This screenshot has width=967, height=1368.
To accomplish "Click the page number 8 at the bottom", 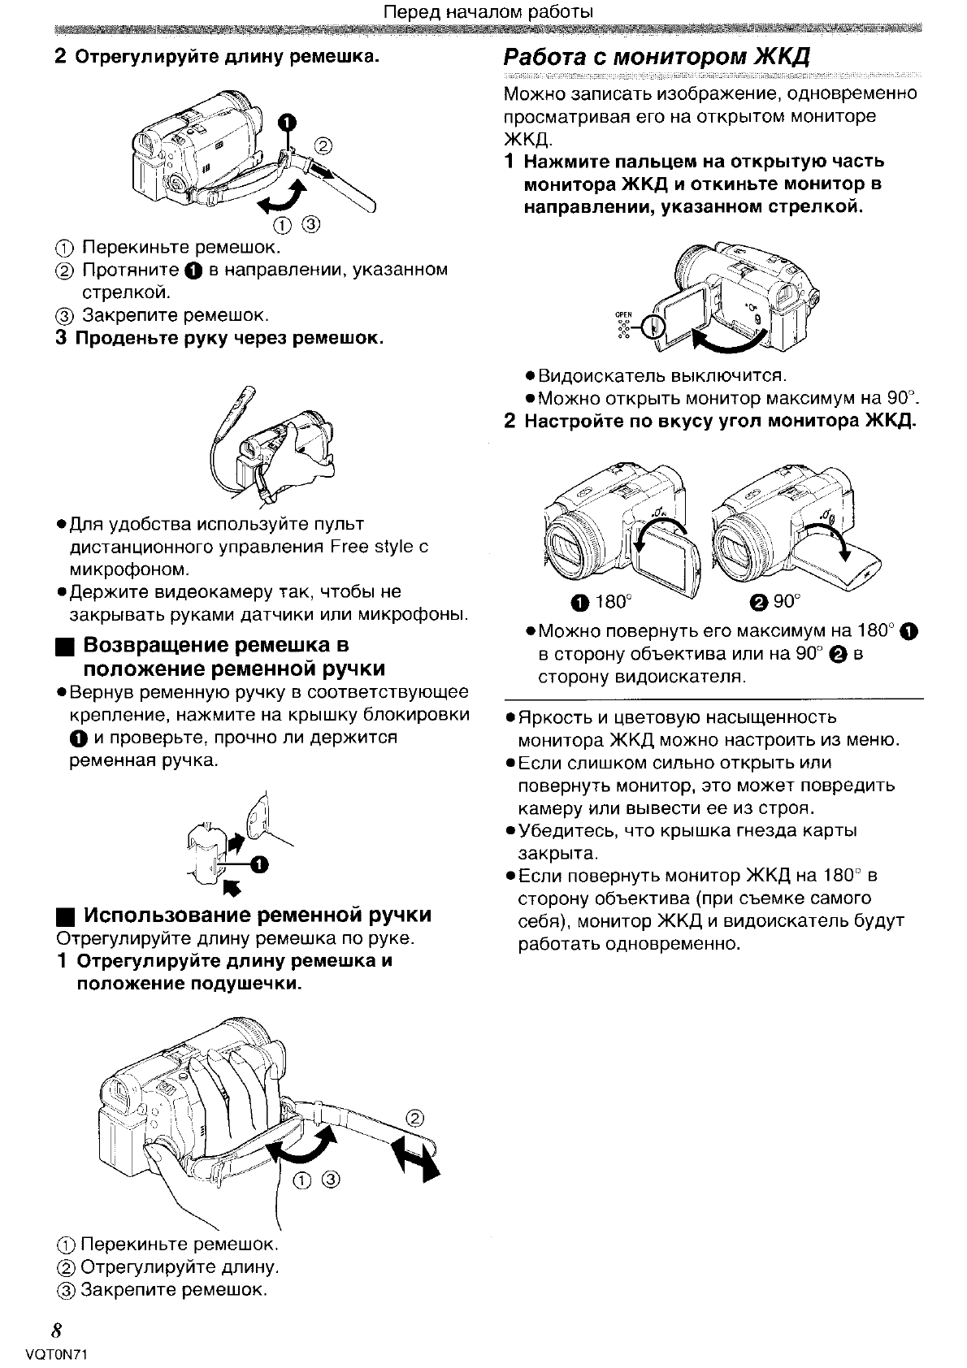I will tap(56, 1330).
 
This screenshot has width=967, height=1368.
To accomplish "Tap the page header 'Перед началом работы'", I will tap(488, 12).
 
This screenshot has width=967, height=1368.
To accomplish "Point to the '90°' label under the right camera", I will tap(787, 602).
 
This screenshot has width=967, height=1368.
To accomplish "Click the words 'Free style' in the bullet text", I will tap(372, 546).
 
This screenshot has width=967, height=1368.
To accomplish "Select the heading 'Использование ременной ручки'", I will tap(258, 915).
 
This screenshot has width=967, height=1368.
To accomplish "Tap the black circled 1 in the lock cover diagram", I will tap(258, 863).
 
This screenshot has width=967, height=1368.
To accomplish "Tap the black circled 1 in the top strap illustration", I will tap(286, 123).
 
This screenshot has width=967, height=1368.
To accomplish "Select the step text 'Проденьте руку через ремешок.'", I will tap(229, 337).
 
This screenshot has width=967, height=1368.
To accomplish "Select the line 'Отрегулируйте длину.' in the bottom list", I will tap(180, 1266).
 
